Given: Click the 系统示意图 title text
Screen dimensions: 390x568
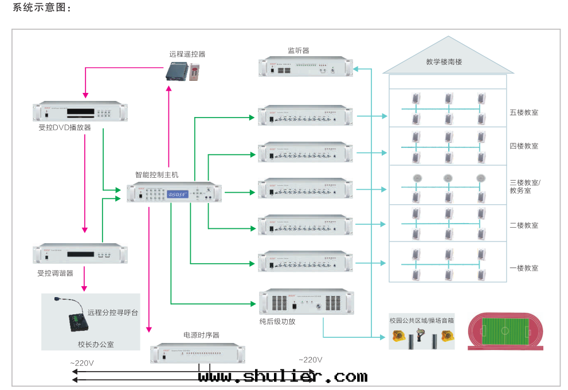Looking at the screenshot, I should tap(40, 9).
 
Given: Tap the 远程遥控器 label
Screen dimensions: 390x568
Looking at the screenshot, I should tap(187, 54).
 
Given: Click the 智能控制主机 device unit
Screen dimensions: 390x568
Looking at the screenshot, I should tap(174, 192).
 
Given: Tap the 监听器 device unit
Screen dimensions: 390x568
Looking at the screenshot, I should tap(306, 67).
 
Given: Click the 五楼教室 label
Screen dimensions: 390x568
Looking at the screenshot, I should tap(524, 112).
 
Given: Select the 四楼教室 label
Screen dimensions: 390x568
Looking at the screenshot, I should tap(524, 146).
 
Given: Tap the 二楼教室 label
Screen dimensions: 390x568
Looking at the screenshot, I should tap(524, 225).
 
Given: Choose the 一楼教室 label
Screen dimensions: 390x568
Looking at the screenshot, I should tap(524, 268).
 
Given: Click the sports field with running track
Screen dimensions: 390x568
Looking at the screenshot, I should tap(505, 331).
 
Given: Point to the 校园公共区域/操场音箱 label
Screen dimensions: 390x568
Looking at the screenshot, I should tap(421, 320).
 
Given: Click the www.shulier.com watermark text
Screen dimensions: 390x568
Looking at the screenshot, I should tap(283, 376).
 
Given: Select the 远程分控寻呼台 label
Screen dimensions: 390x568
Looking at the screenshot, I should tap(113, 313).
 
